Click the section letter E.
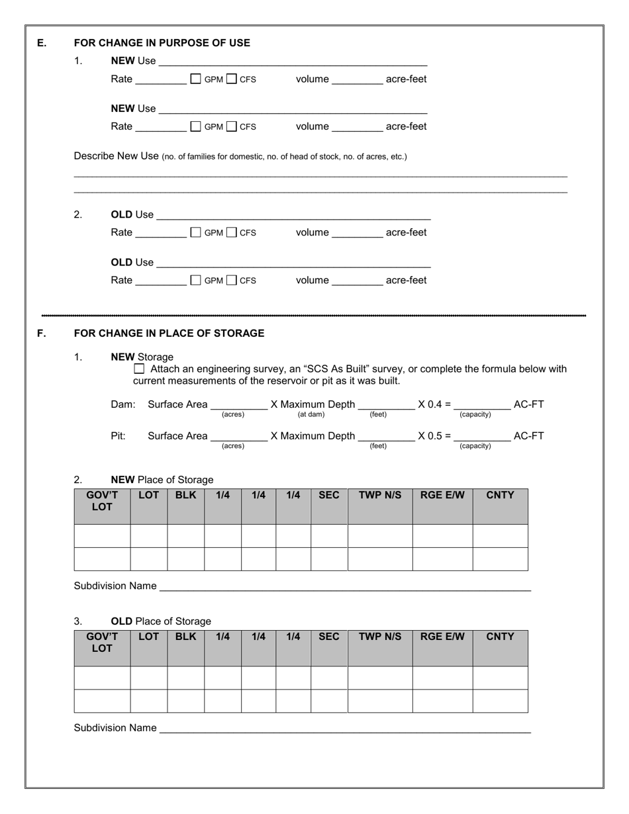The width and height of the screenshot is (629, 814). [x=42, y=43]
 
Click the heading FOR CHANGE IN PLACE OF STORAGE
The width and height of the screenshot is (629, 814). [x=169, y=333]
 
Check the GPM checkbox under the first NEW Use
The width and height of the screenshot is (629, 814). [x=195, y=79]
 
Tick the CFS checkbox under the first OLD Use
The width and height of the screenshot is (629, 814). [x=231, y=232]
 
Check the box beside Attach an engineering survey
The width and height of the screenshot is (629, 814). [x=139, y=369]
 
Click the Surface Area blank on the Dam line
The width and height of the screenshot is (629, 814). [x=238, y=404]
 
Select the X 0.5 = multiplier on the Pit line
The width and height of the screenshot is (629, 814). [x=434, y=436]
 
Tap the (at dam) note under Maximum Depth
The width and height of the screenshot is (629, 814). [x=311, y=414]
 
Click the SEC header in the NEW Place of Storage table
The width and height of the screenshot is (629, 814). [x=328, y=495]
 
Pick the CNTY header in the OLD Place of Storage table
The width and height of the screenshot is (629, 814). [x=500, y=637]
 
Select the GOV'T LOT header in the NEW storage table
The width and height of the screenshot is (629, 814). [x=102, y=501]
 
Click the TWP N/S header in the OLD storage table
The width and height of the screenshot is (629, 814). [x=380, y=637]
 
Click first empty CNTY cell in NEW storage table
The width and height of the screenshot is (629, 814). [x=500, y=536]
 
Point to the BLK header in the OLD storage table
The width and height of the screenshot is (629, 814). [x=185, y=637]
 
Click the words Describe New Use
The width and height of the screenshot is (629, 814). [x=116, y=156]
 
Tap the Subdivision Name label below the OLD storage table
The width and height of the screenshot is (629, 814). [x=115, y=728]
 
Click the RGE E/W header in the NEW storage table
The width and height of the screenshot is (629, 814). [x=442, y=495]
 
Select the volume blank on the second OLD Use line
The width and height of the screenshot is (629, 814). [x=357, y=280]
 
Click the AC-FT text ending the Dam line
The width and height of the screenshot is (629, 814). [x=528, y=404]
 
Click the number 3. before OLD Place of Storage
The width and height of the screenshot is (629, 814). [x=78, y=621]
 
